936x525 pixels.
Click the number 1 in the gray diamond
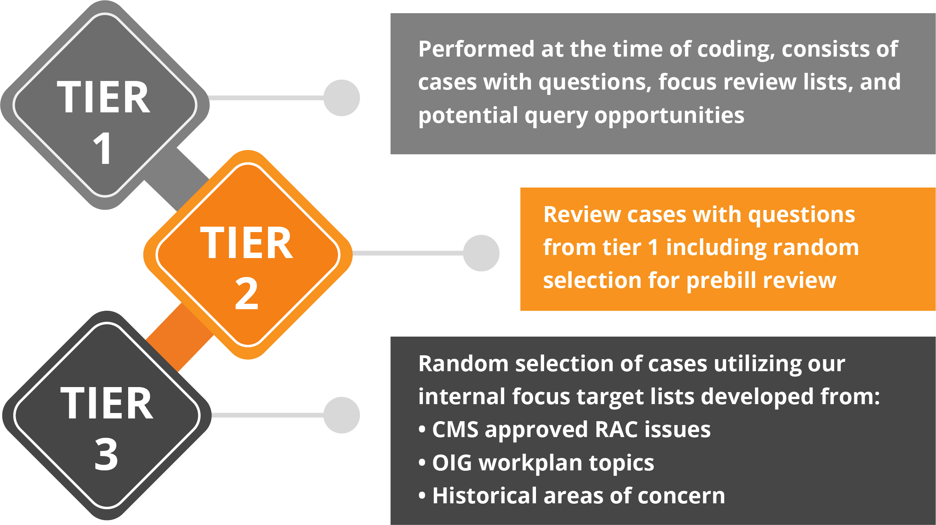103,148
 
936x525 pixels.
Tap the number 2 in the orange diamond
247,293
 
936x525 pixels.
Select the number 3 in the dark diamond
106,454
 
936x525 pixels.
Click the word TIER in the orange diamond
246,243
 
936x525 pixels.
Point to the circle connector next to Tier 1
342,98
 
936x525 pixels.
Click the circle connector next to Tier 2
481,253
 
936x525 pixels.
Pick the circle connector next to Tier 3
342,415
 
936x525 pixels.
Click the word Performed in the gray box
477,49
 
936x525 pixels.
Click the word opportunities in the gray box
669,116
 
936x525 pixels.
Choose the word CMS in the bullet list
455,430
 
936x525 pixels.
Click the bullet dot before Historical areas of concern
422,496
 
